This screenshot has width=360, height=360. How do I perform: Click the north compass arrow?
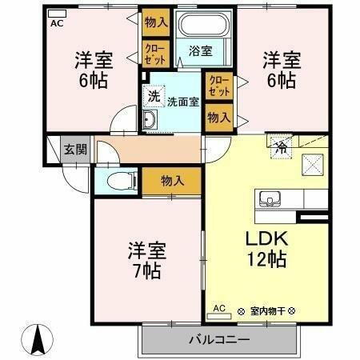coord(37,339)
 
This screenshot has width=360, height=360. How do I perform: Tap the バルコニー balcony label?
coord(219,339)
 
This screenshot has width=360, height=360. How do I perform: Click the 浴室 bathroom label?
coord(200,51)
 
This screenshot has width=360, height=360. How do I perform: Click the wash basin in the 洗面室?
coord(150,121)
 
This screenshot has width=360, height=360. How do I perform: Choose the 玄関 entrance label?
coord(76,150)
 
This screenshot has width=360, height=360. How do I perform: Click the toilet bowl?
coord(112,180)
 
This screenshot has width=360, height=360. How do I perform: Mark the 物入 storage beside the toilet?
coord(172,181)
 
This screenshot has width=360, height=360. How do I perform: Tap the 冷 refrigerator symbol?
coord(281,147)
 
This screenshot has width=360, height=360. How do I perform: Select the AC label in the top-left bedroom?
coord(57,23)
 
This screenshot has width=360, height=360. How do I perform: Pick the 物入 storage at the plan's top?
coord(156,22)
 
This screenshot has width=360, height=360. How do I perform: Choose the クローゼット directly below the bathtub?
coord(218,84)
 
